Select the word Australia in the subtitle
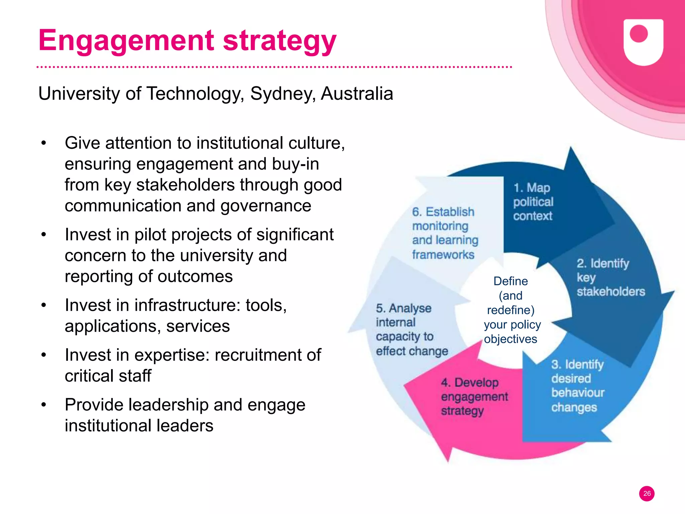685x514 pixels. coord(357,94)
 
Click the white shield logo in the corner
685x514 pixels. coord(643,42)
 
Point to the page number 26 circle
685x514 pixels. coord(647,494)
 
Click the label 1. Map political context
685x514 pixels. coord(533,202)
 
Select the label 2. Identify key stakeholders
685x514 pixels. coord(610,278)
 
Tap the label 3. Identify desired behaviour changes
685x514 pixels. coord(578,386)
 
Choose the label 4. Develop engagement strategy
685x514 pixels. coord(474,397)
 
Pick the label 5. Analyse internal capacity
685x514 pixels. coord(412,329)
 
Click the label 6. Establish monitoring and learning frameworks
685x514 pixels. coord(445,233)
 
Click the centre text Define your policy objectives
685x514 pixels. coord(511,310)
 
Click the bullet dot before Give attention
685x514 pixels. coord(43,143)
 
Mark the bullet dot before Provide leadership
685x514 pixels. coord(43,405)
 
